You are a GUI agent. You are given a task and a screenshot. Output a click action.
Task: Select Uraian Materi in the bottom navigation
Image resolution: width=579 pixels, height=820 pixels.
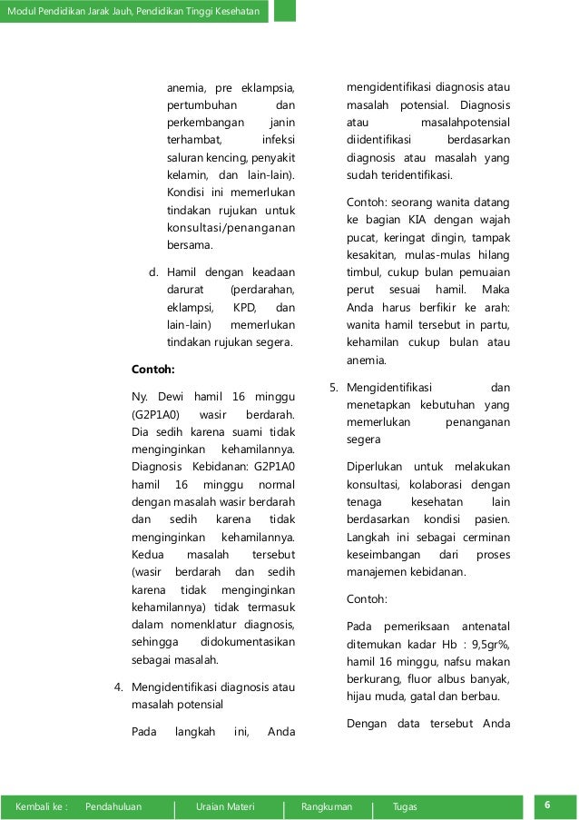[x=225, y=806]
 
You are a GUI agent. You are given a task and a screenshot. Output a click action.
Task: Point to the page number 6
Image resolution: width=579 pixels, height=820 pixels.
[x=548, y=805]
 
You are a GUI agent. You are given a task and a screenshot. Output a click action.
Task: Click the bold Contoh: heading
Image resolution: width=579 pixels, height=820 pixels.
[x=152, y=370]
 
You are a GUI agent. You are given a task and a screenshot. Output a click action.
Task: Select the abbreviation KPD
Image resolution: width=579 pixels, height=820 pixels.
[x=243, y=307]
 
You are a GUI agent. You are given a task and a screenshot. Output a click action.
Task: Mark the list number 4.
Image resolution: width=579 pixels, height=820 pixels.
[x=118, y=686]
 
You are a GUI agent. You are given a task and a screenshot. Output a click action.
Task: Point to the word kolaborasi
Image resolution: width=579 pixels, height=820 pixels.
[x=426, y=485]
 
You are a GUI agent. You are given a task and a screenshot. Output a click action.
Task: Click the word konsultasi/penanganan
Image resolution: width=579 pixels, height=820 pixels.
[x=231, y=227]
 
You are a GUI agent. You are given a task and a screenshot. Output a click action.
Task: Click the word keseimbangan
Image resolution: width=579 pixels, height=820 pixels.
[x=386, y=554]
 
